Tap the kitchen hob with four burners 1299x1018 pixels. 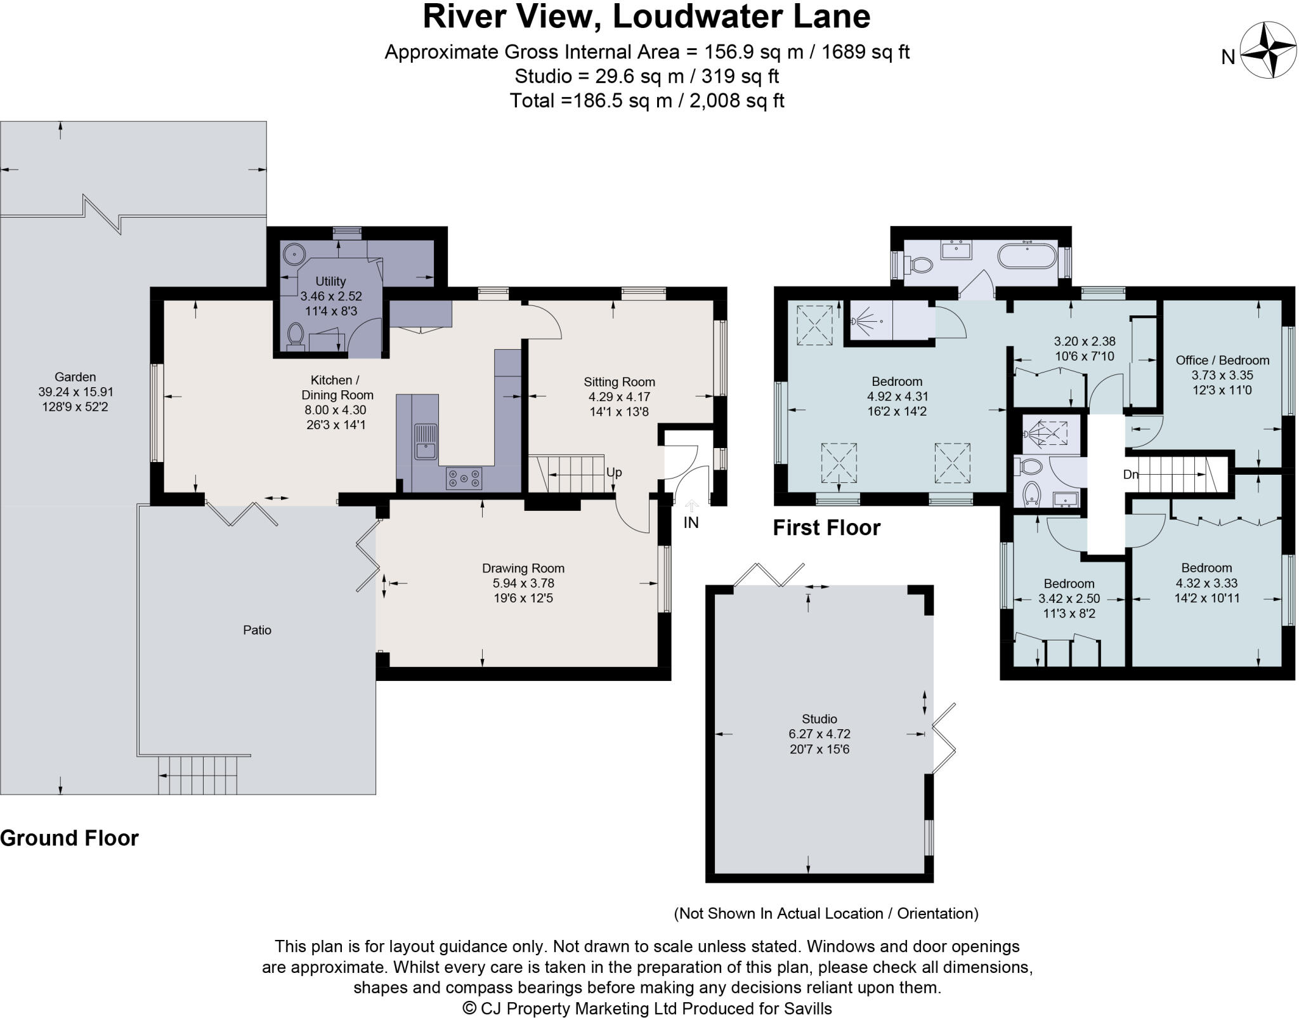(x=464, y=478)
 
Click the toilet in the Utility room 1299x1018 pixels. (x=296, y=335)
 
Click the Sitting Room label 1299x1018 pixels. (x=619, y=382)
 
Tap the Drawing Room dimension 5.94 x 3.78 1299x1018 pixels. (x=523, y=583)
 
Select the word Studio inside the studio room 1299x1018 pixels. (x=819, y=719)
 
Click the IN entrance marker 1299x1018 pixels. (x=691, y=523)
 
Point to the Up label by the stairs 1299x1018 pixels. (x=614, y=473)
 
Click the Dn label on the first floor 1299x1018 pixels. (x=1130, y=474)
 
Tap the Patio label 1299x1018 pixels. (x=257, y=630)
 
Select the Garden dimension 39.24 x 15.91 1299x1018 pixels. (x=75, y=392)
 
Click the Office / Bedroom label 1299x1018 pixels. (x=1222, y=360)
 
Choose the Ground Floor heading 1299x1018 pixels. (x=69, y=838)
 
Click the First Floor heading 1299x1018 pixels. (x=826, y=527)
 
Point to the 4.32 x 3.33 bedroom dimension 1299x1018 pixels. (x=1206, y=583)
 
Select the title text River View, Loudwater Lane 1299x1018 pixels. (x=646, y=17)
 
